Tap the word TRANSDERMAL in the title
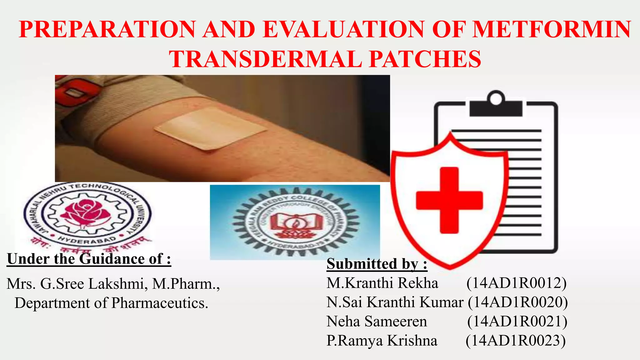pyautogui.click(x=265, y=59)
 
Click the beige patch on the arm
pyautogui.click(x=210, y=128)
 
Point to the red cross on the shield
pyautogui.click(x=449, y=200)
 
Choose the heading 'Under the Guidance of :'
pyautogui.click(x=89, y=259)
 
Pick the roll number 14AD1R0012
pyautogui.click(x=516, y=283)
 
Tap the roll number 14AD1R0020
pyautogui.click(x=517, y=302)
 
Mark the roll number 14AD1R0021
pyautogui.click(x=517, y=321)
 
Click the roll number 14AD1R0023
pyautogui.click(x=516, y=341)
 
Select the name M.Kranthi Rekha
pyautogui.click(x=382, y=283)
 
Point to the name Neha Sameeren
pyautogui.click(x=377, y=321)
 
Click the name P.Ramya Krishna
pyautogui.click(x=382, y=341)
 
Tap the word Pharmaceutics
pyautogui.click(x=159, y=303)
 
